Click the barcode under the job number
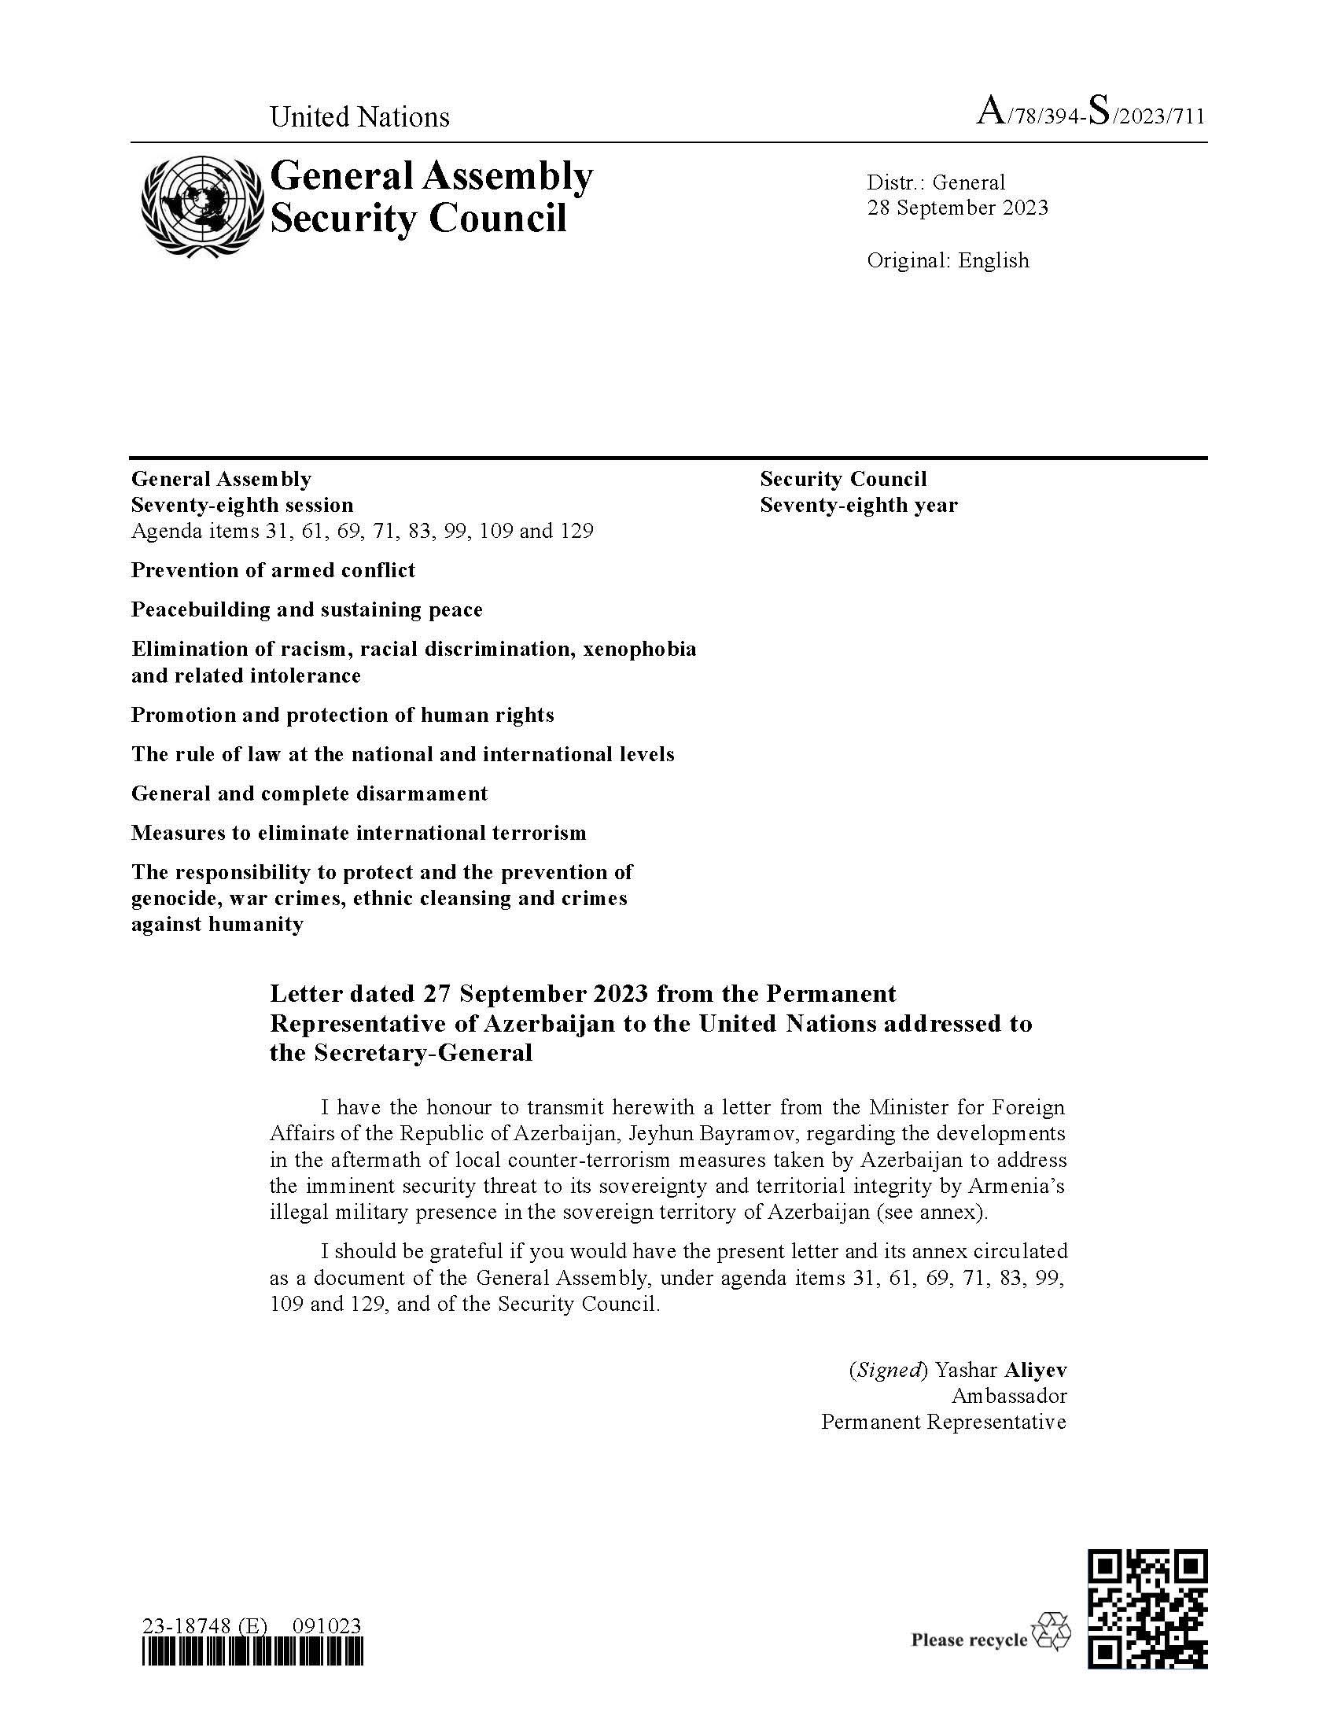(252, 1652)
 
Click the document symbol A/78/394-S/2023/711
(1092, 114)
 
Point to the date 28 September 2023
(957, 208)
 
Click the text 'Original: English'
(948, 260)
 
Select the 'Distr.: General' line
(935, 182)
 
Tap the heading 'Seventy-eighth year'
(859, 505)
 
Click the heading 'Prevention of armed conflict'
(273, 570)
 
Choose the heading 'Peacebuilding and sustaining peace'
(307, 610)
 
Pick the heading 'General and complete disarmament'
(310, 793)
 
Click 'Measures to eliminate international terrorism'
(359, 834)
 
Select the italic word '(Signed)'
(888, 1370)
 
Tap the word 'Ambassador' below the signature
(1009, 1396)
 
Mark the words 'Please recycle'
(969, 1640)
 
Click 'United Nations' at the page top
(359, 117)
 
